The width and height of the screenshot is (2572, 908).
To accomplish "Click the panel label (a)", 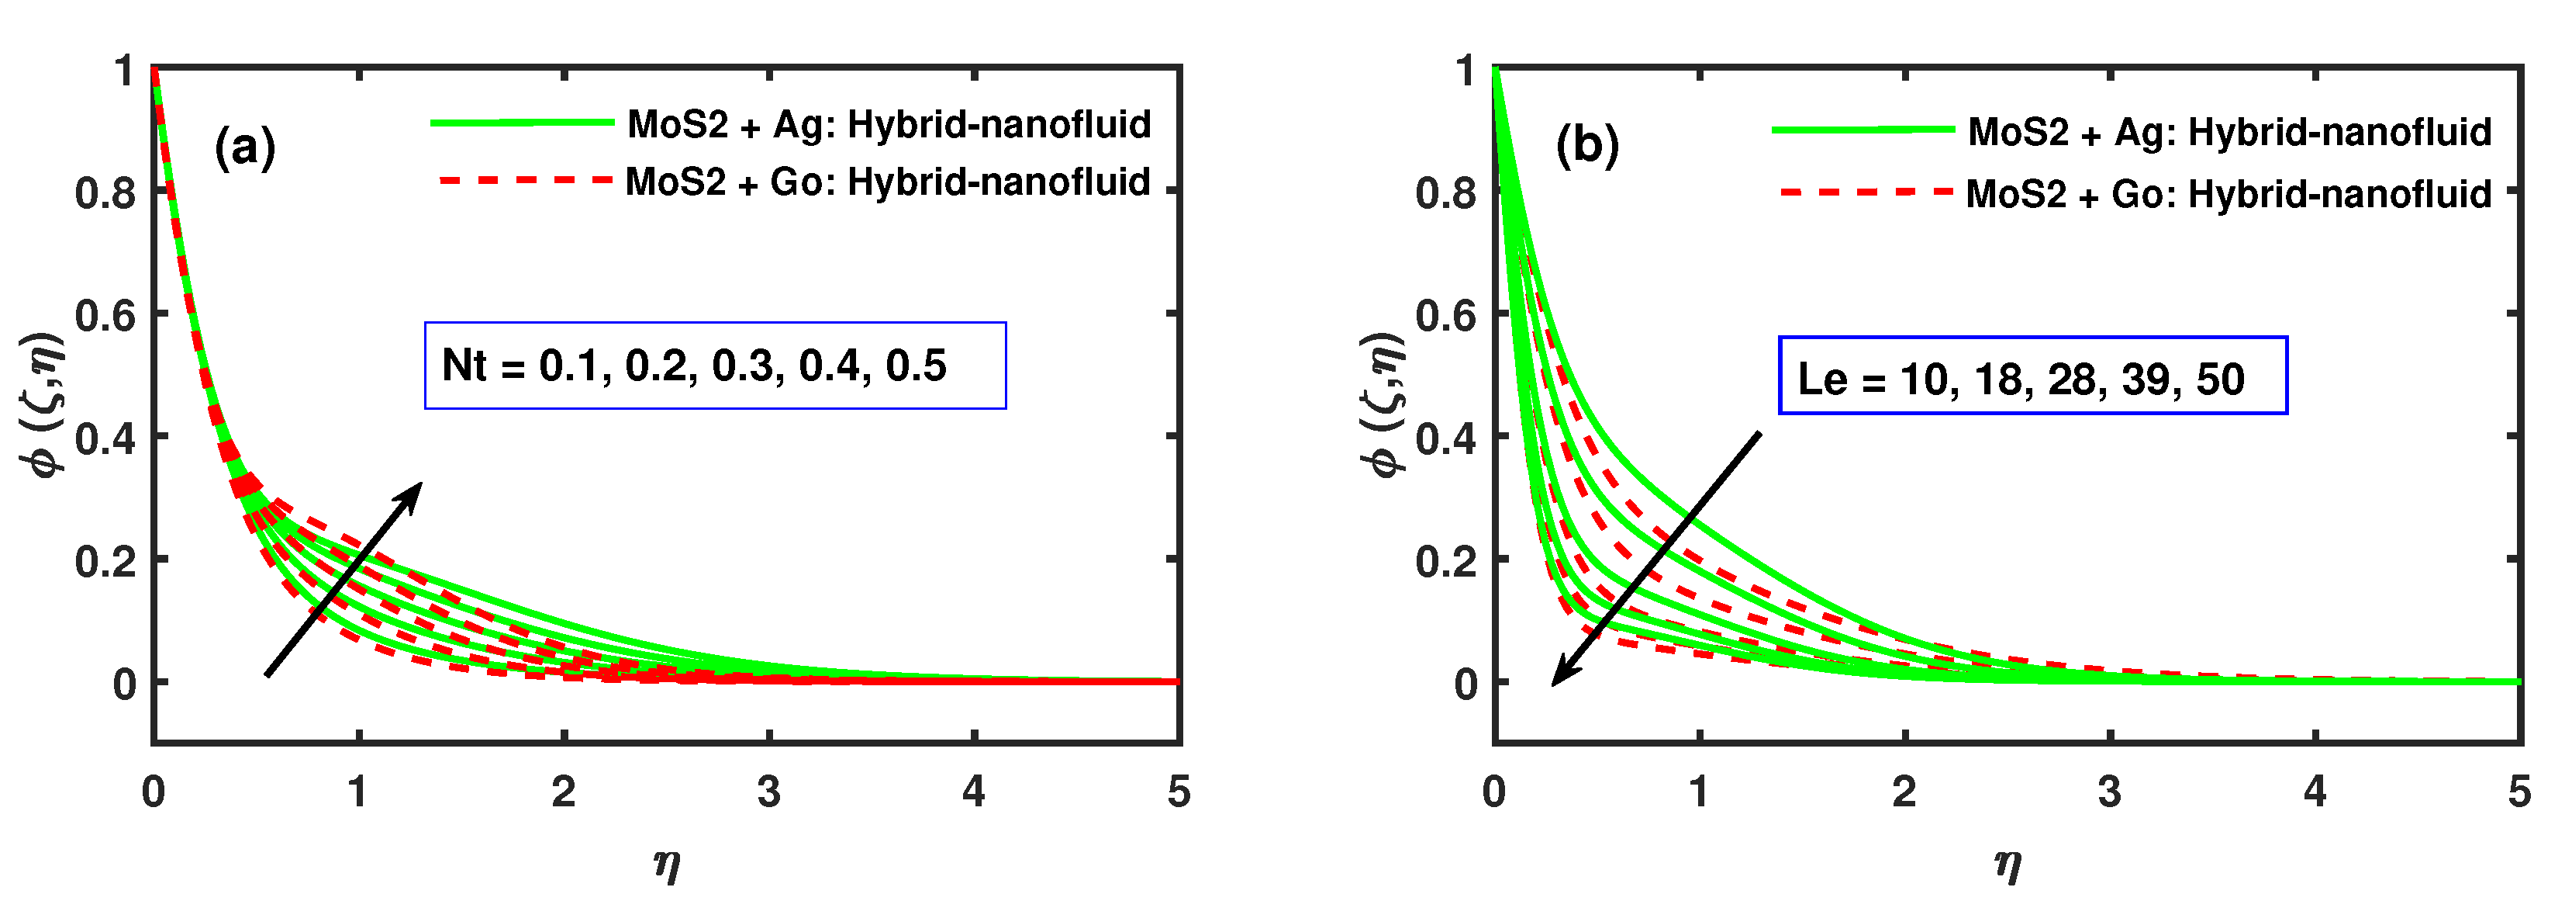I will [x=244, y=147].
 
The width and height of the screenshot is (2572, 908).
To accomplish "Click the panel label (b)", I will [x=1586, y=146].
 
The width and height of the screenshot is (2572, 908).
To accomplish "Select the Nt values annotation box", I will [x=715, y=366].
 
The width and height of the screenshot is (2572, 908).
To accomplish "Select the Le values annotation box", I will [x=2033, y=376].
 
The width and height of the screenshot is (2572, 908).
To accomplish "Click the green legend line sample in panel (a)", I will [x=522, y=123].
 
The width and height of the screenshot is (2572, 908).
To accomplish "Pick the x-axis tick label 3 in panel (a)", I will [x=768, y=792].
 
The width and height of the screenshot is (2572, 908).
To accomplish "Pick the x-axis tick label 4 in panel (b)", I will [x=2315, y=792].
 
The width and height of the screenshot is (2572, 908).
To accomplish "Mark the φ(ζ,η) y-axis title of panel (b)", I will [x=1385, y=404].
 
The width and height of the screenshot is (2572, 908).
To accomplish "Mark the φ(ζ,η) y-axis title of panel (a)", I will [x=43, y=404].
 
